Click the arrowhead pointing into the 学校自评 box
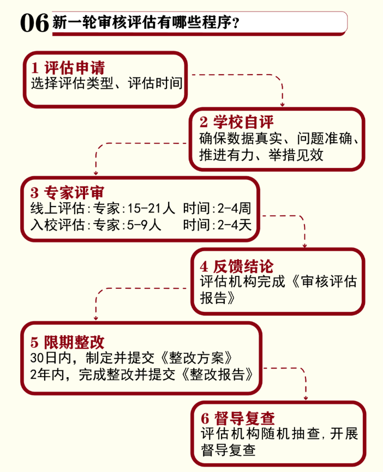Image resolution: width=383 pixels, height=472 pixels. pyautogui.click(x=283, y=103)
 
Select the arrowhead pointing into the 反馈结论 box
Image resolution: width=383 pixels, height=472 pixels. pyautogui.click(x=304, y=245)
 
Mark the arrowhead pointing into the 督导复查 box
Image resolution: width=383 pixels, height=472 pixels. pyautogui.click(x=304, y=397)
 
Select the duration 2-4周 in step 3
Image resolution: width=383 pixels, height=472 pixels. pyautogui.click(x=235, y=208)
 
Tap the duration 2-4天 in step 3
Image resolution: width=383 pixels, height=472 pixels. pyautogui.click(x=235, y=223)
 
